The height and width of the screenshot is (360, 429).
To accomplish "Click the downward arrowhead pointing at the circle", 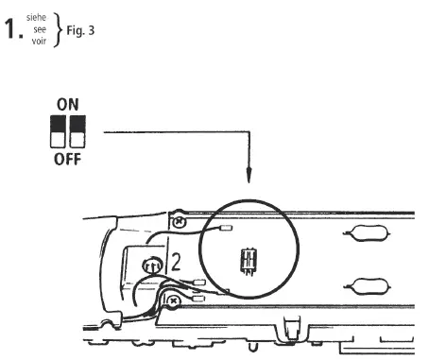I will (249, 176).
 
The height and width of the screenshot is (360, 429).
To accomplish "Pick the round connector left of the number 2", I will (150, 268).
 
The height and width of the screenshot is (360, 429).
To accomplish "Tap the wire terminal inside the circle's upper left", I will (226, 227).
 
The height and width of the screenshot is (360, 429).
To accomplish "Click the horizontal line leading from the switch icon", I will (170, 132).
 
